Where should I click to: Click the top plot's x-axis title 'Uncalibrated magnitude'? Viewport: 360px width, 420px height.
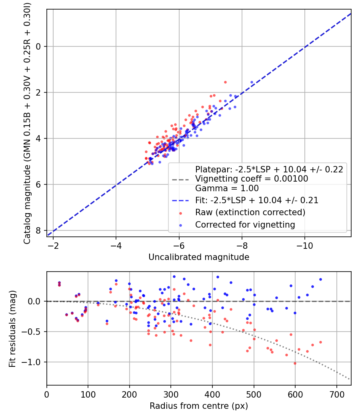click(x=199, y=257)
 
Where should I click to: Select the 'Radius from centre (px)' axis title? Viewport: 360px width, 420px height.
click(x=199, y=406)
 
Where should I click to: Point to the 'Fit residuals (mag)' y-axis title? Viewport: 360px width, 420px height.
click(x=12, y=328)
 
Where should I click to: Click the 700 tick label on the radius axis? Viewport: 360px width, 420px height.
click(x=336, y=394)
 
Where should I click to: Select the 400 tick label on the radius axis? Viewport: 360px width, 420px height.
click(x=212, y=394)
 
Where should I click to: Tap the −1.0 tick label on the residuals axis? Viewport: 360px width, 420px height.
click(x=34, y=362)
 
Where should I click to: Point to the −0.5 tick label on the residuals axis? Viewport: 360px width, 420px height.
click(x=34, y=332)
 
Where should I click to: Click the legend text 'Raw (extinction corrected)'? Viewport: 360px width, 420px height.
click(x=250, y=212)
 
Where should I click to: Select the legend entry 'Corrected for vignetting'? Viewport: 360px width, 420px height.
click(x=245, y=225)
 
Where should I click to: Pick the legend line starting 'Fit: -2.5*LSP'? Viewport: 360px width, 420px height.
click(x=256, y=200)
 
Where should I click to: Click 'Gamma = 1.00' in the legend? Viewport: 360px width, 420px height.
click(x=227, y=188)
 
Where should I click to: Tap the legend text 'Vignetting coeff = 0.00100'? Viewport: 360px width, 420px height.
click(x=252, y=179)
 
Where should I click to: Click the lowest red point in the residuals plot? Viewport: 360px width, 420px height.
click(x=295, y=363)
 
